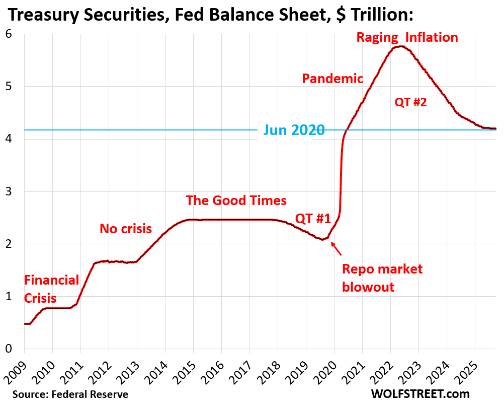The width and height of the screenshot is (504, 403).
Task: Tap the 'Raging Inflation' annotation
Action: (407, 37)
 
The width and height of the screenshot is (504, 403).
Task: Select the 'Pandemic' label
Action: (332, 78)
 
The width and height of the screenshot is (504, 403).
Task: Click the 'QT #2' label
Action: (410, 102)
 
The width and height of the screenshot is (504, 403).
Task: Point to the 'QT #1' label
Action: (312, 219)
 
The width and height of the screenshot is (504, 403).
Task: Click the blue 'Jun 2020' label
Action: (291, 130)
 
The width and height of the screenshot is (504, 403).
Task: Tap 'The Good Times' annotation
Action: (236, 200)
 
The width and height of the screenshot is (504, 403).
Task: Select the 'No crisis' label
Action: (125, 229)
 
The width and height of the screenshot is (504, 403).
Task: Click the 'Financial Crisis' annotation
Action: (51, 289)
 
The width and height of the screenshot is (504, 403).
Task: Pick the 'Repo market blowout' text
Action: (382, 278)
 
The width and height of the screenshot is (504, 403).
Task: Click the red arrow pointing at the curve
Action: (336, 248)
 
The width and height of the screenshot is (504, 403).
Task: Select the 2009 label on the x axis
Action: (16, 370)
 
